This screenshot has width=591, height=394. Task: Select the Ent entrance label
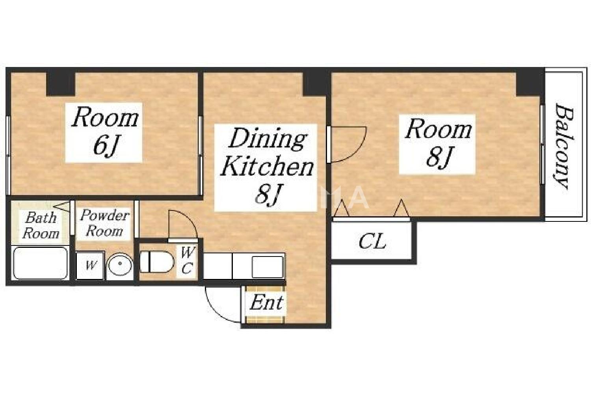click(266, 303)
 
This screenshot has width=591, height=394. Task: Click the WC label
click(187, 261)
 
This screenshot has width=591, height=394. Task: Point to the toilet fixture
click(157, 262)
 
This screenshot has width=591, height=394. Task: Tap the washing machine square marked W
click(90, 265)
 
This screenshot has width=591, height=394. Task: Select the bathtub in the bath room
click(40, 262)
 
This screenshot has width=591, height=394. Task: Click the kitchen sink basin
click(268, 266)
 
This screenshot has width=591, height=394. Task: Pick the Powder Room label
click(104, 223)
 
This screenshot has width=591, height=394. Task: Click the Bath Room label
click(41, 225)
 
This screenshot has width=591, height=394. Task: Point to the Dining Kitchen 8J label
click(266, 167)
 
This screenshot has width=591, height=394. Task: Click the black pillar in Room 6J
click(61, 84)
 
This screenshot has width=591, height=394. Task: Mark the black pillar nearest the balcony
click(529, 84)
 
